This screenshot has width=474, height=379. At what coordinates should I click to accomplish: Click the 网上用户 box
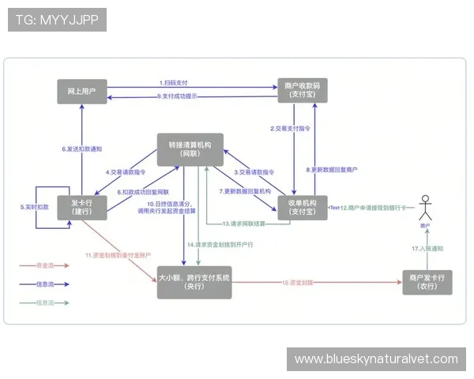click(x=82, y=92)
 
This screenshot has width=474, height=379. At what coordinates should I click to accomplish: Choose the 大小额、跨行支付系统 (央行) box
click(x=194, y=282)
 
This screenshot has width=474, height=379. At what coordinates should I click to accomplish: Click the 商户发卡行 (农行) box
click(x=427, y=282)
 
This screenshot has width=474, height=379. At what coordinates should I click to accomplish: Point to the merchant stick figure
click(x=427, y=208)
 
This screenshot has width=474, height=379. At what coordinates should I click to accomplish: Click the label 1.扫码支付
click(x=174, y=82)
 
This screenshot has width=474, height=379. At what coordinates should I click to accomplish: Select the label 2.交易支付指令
click(x=289, y=128)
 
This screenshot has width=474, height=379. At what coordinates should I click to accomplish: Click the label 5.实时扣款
click(x=34, y=207)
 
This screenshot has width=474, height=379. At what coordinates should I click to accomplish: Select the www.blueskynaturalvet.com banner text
click(x=375, y=359)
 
